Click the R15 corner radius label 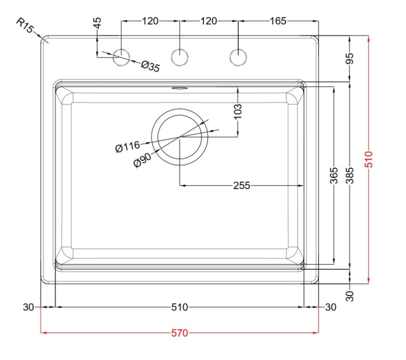[x=24, y=26]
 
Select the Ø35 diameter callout [x=150, y=66]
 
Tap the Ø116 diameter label [x=127, y=146]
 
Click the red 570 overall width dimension [x=179, y=333]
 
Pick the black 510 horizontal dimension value [x=179, y=307]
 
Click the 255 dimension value [x=241, y=186]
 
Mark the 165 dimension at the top [x=278, y=21]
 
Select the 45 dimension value [x=97, y=23]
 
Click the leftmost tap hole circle [x=121, y=57]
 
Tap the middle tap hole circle [x=179, y=57]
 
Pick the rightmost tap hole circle [x=238, y=57]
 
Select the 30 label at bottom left [x=29, y=307]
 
